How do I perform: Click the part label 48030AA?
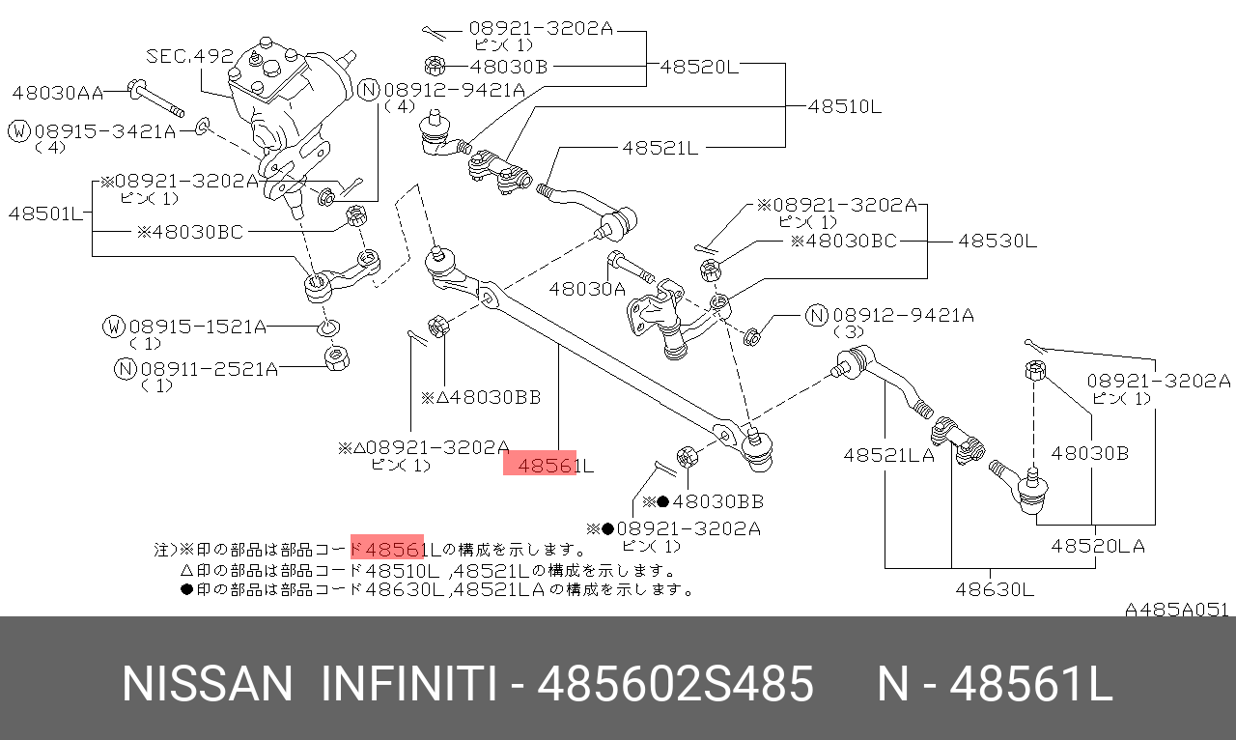tap(57, 93)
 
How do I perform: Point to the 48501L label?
tap(45, 213)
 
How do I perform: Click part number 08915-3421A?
tap(105, 130)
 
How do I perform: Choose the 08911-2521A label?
tap(209, 368)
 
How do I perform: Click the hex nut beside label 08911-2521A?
tap(337, 360)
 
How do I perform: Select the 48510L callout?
tap(845, 106)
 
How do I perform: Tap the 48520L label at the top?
tap(699, 67)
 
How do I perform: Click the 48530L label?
tap(997, 241)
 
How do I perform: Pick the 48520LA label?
tap(1098, 546)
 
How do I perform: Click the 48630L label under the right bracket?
tap(995, 588)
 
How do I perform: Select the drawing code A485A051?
tap(1176, 610)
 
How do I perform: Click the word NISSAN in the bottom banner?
tap(207, 685)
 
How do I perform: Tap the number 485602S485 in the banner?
tap(675, 685)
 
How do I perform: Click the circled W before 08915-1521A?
tap(114, 326)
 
